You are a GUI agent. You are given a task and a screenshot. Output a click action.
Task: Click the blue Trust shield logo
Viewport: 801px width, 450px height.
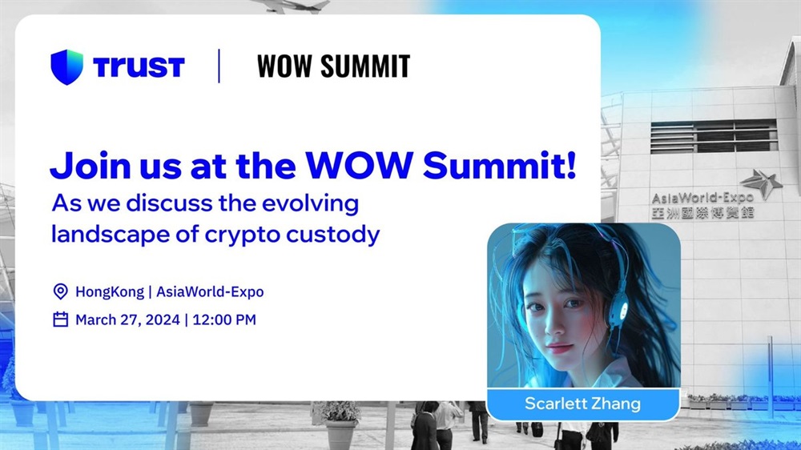click(67, 67)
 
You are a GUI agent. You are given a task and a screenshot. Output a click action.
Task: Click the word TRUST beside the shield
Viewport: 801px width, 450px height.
click(139, 67)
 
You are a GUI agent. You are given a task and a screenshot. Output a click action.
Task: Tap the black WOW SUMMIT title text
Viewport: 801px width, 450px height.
click(333, 66)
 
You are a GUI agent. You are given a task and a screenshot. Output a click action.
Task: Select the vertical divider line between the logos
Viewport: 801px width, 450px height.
click(219, 66)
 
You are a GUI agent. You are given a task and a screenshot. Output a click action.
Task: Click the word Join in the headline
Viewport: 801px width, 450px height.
click(91, 166)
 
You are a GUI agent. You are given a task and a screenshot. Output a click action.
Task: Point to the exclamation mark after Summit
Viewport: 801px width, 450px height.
click(571, 164)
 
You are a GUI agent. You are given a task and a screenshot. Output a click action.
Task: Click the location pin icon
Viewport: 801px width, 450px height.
click(60, 291)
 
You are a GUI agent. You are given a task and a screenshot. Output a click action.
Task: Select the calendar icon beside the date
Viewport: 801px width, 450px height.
click(60, 319)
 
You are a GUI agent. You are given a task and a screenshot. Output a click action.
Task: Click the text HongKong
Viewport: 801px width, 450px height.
click(110, 291)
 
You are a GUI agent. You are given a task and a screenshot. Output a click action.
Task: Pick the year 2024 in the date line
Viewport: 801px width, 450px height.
click(163, 319)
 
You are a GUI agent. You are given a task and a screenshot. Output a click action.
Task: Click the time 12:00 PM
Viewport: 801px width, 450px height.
click(224, 319)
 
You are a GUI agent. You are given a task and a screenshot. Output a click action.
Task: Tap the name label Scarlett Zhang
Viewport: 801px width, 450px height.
click(582, 404)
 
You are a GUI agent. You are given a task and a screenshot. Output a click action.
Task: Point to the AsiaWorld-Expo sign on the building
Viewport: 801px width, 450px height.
click(702, 204)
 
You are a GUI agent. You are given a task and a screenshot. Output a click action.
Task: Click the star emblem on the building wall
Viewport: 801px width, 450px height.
click(762, 183)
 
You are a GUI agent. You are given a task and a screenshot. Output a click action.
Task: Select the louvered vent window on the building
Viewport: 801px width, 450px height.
click(714, 136)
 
